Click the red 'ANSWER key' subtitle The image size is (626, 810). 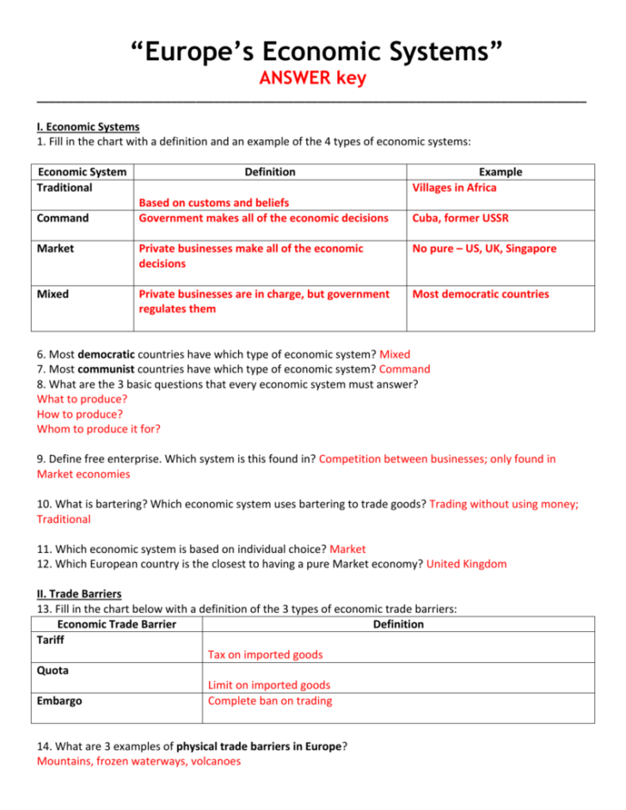[x=312, y=79]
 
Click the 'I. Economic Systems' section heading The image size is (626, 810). [x=88, y=126]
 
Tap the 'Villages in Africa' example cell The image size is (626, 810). [x=454, y=187]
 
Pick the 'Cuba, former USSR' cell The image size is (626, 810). [x=460, y=218]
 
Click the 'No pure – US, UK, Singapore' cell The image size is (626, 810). [x=484, y=249]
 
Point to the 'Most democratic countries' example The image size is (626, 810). [x=481, y=294]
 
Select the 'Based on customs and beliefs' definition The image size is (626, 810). [x=213, y=203]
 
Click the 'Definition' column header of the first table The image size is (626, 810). [x=270, y=172]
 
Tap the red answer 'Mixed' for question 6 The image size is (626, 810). [x=395, y=353]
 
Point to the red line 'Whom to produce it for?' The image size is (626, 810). [x=98, y=428]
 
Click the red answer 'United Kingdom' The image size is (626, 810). [x=466, y=564]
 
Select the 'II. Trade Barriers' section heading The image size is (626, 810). [x=78, y=594]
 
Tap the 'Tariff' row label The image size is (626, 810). [x=51, y=640]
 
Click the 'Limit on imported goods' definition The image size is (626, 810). [x=268, y=685]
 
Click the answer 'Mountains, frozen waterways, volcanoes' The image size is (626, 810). [x=138, y=761]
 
